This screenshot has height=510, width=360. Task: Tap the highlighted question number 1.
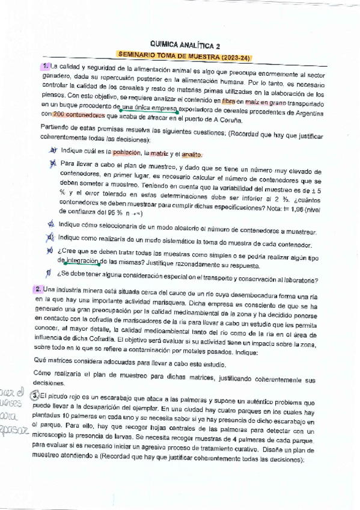(46, 66)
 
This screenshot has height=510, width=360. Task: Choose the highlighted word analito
(191, 155)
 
